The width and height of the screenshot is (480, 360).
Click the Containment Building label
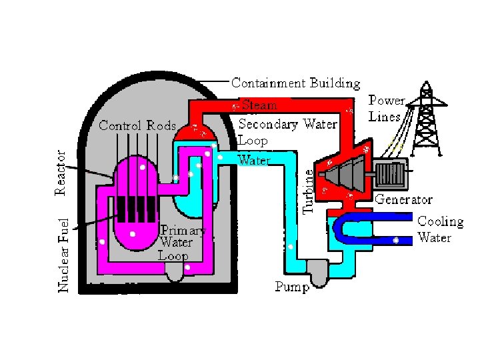coord(295,83)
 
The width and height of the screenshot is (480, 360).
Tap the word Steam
coord(259,105)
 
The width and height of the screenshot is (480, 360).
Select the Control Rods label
coord(137,125)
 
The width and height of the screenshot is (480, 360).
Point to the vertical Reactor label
coord(60,173)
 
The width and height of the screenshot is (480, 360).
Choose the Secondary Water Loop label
coord(287,132)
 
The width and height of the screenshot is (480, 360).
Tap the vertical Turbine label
coord(307,190)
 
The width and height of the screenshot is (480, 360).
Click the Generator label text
coord(403,199)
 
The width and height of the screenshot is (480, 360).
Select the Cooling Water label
coord(439,229)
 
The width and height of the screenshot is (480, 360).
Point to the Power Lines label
coord(387,108)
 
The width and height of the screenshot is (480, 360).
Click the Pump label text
coord(292,287)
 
